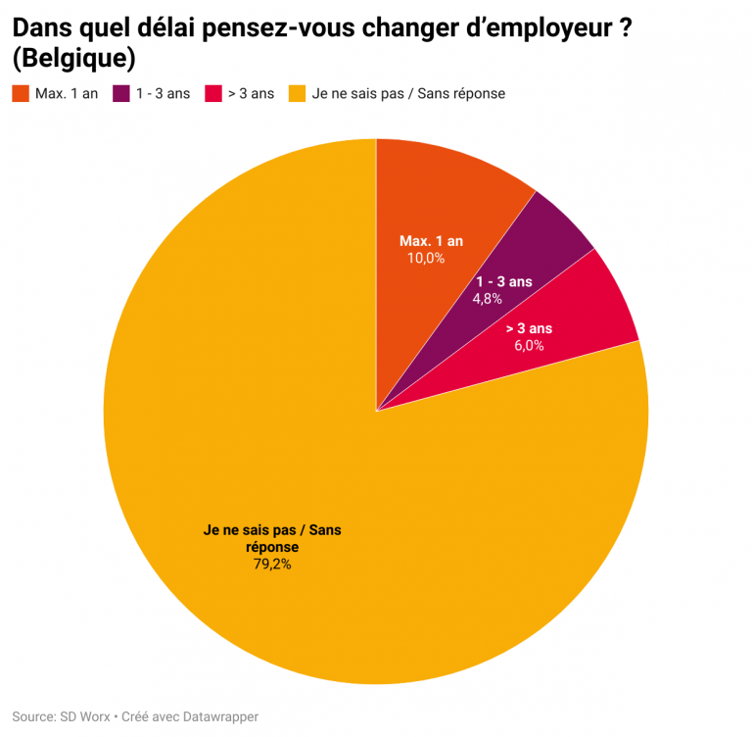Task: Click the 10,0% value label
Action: (426, 259)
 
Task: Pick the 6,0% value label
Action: (529, 345)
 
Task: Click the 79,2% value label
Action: (272, 564)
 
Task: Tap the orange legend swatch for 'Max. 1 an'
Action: (21, 94)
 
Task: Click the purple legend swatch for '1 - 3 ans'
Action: (121, 94)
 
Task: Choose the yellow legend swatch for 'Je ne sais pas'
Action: (297, 94)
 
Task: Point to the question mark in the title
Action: (623, 28)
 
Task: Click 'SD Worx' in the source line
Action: (83, 716)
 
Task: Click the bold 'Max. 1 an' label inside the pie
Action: (431, 241)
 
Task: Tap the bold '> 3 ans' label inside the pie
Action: (529, 328)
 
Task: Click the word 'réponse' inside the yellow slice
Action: (272, 547)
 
